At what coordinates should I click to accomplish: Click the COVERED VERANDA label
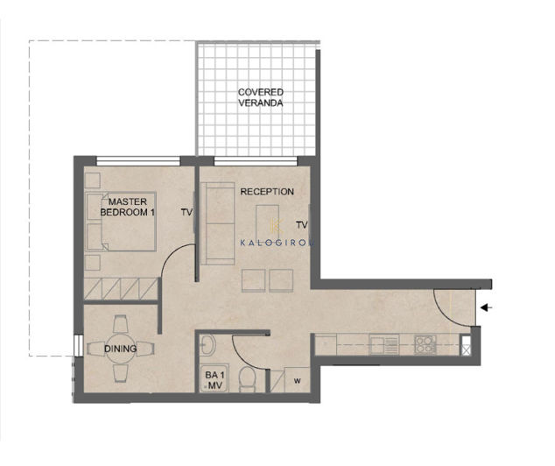click(x=261, y=97)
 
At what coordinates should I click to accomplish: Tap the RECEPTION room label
click(x=267, y=192)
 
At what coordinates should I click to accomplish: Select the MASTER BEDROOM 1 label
click(x=128, y=207)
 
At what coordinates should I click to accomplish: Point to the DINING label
click(x=120, y=349)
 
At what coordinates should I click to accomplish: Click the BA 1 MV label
click(x=214, y=379)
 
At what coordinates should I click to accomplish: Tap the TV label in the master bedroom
click(x=186, y=212)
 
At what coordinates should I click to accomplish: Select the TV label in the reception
click(x=301, y=224)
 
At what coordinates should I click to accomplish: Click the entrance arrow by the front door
click(x=486, y=307)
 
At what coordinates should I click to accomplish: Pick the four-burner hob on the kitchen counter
click(x=425, y=344)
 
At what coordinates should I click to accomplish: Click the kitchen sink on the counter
click(x=384, y=344)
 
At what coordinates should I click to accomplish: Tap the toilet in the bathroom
click(x=247, y=379)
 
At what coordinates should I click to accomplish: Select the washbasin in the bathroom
click(x=208, y=345)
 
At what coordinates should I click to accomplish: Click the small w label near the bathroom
click(x=298, y=381)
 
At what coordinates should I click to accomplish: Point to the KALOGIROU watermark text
click(x=277, y=243)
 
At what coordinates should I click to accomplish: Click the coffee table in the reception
click(x=267, y=223)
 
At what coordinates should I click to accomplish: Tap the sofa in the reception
click(x=218, y=223)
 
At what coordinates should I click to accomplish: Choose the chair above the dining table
click(x=120, y=323)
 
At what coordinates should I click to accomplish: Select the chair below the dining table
click(x=120, y=373)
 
